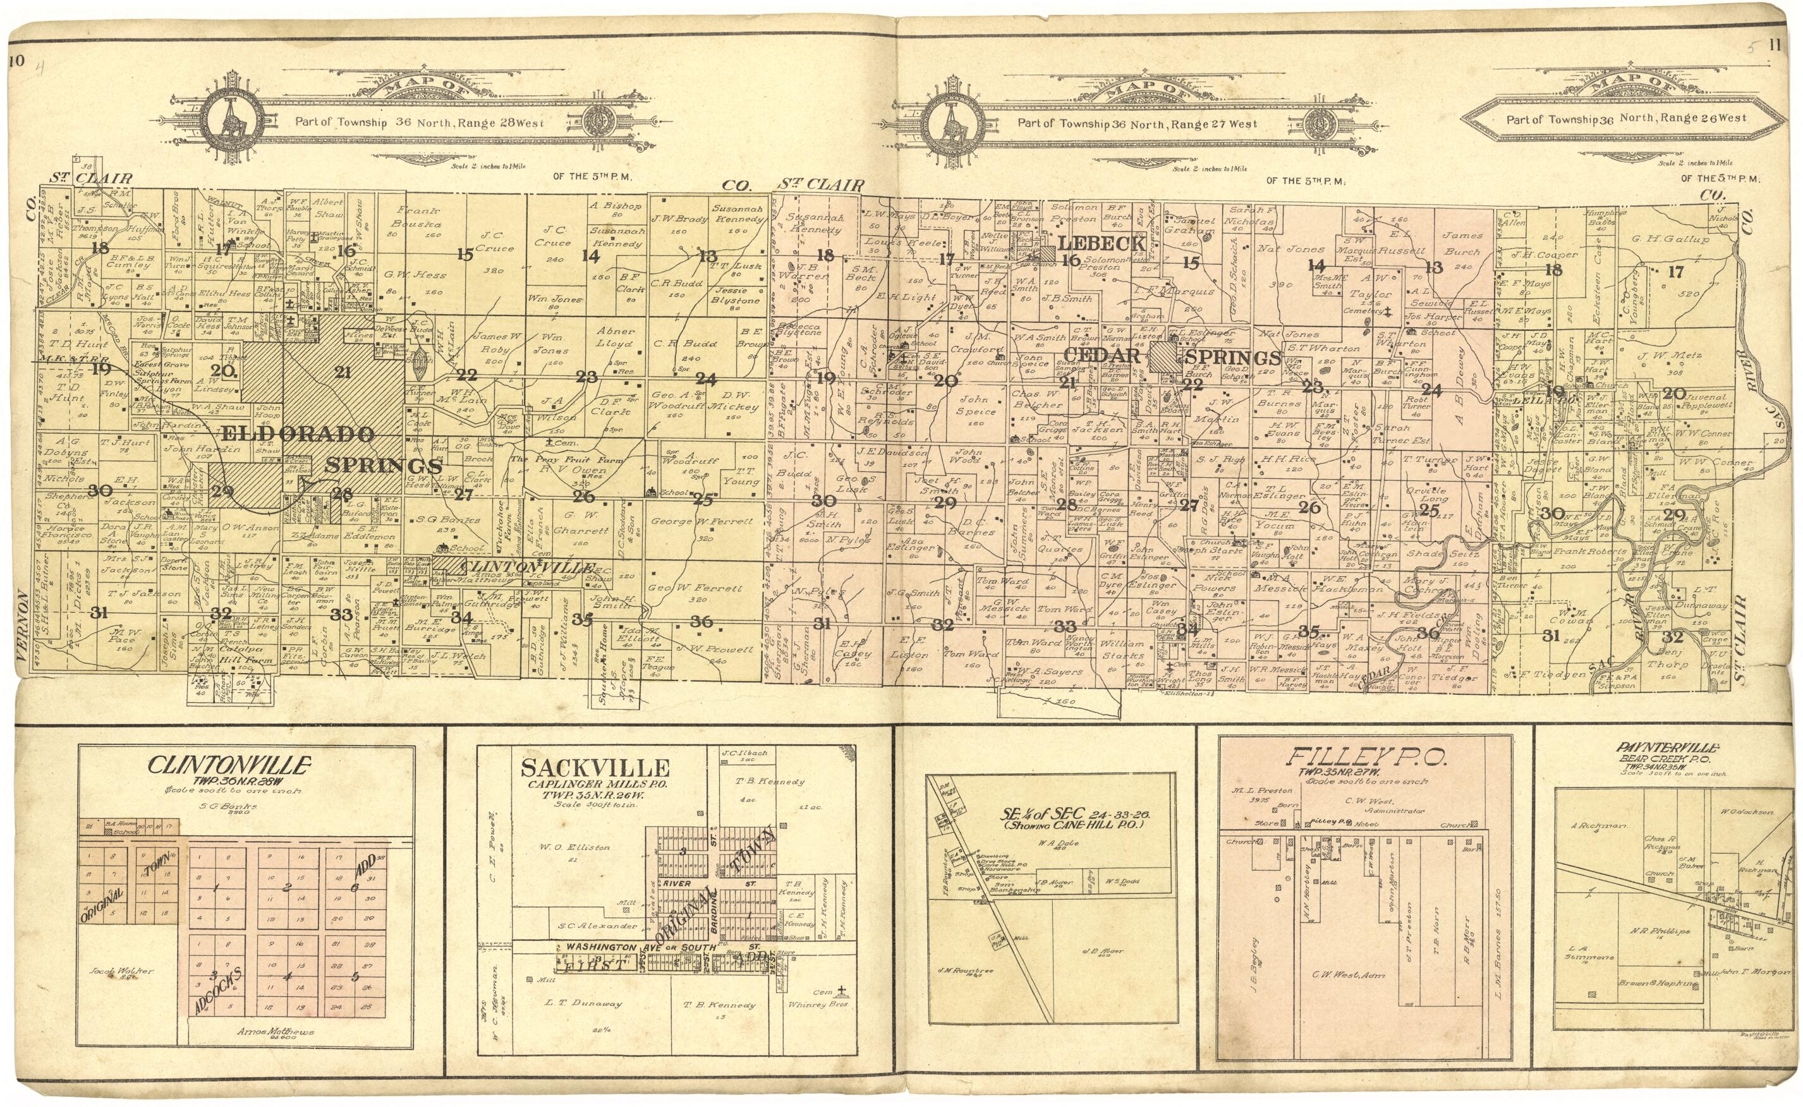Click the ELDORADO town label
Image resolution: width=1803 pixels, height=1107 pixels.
296,433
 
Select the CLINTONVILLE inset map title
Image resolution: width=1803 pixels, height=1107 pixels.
229,766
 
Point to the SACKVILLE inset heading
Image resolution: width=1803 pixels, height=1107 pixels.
595,768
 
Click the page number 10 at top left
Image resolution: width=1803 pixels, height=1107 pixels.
15,61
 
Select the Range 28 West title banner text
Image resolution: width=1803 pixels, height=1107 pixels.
419,123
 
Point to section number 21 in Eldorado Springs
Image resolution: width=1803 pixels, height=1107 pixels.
342,372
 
